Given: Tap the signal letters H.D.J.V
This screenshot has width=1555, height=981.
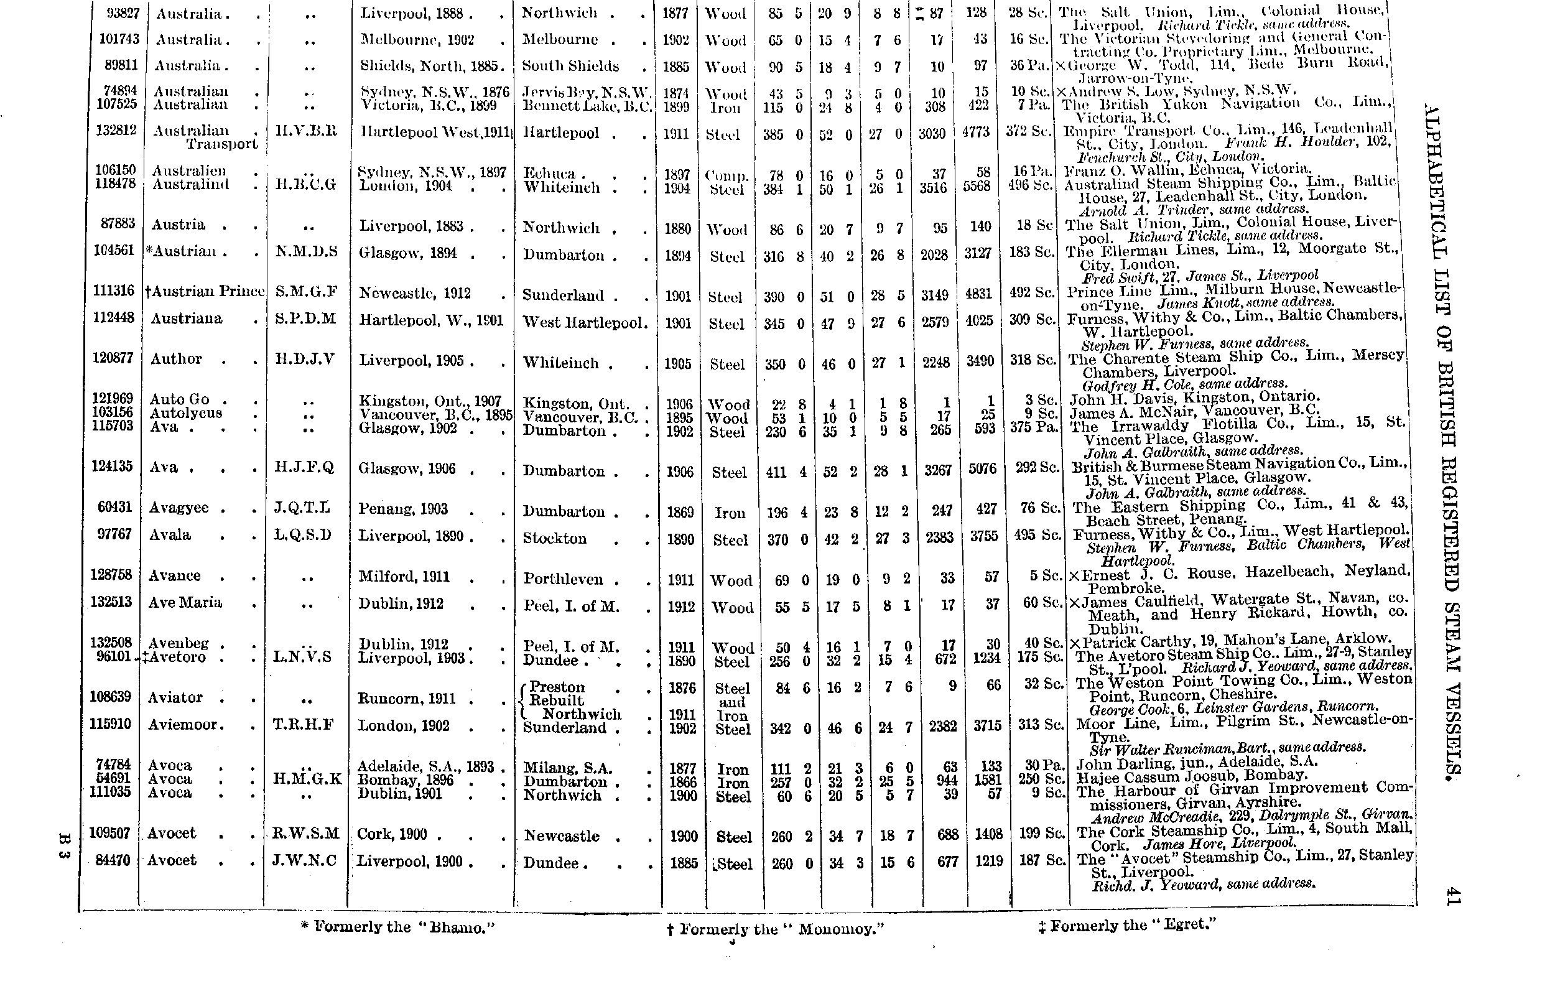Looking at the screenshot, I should pyautogui.click(x=305, y=359).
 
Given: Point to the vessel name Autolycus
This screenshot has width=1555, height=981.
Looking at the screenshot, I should pyautogui.click(x=186, y=413).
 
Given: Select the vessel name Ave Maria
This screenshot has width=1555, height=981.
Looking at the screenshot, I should pyautogui.click(x=185, y=603).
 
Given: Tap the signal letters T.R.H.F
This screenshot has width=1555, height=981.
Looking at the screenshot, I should pyautogui.click(x=304, y=725).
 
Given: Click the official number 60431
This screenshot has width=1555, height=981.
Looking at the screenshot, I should pyautogui.click(x=115, y=507).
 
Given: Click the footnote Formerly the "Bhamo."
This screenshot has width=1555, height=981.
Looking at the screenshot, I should pyautogui.click(x=399, y=928).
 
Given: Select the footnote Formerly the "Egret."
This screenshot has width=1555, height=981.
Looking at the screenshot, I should pyautogui.click(x=1127, y=926).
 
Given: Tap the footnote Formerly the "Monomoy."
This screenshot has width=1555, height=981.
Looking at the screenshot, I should pyautogui.click(x=776, y=929).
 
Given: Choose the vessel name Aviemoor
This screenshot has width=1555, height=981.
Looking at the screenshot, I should pyautogui.click(x=186, y=725).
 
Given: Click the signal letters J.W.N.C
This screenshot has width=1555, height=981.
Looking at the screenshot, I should pyautogui.click(x=304, y=860).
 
